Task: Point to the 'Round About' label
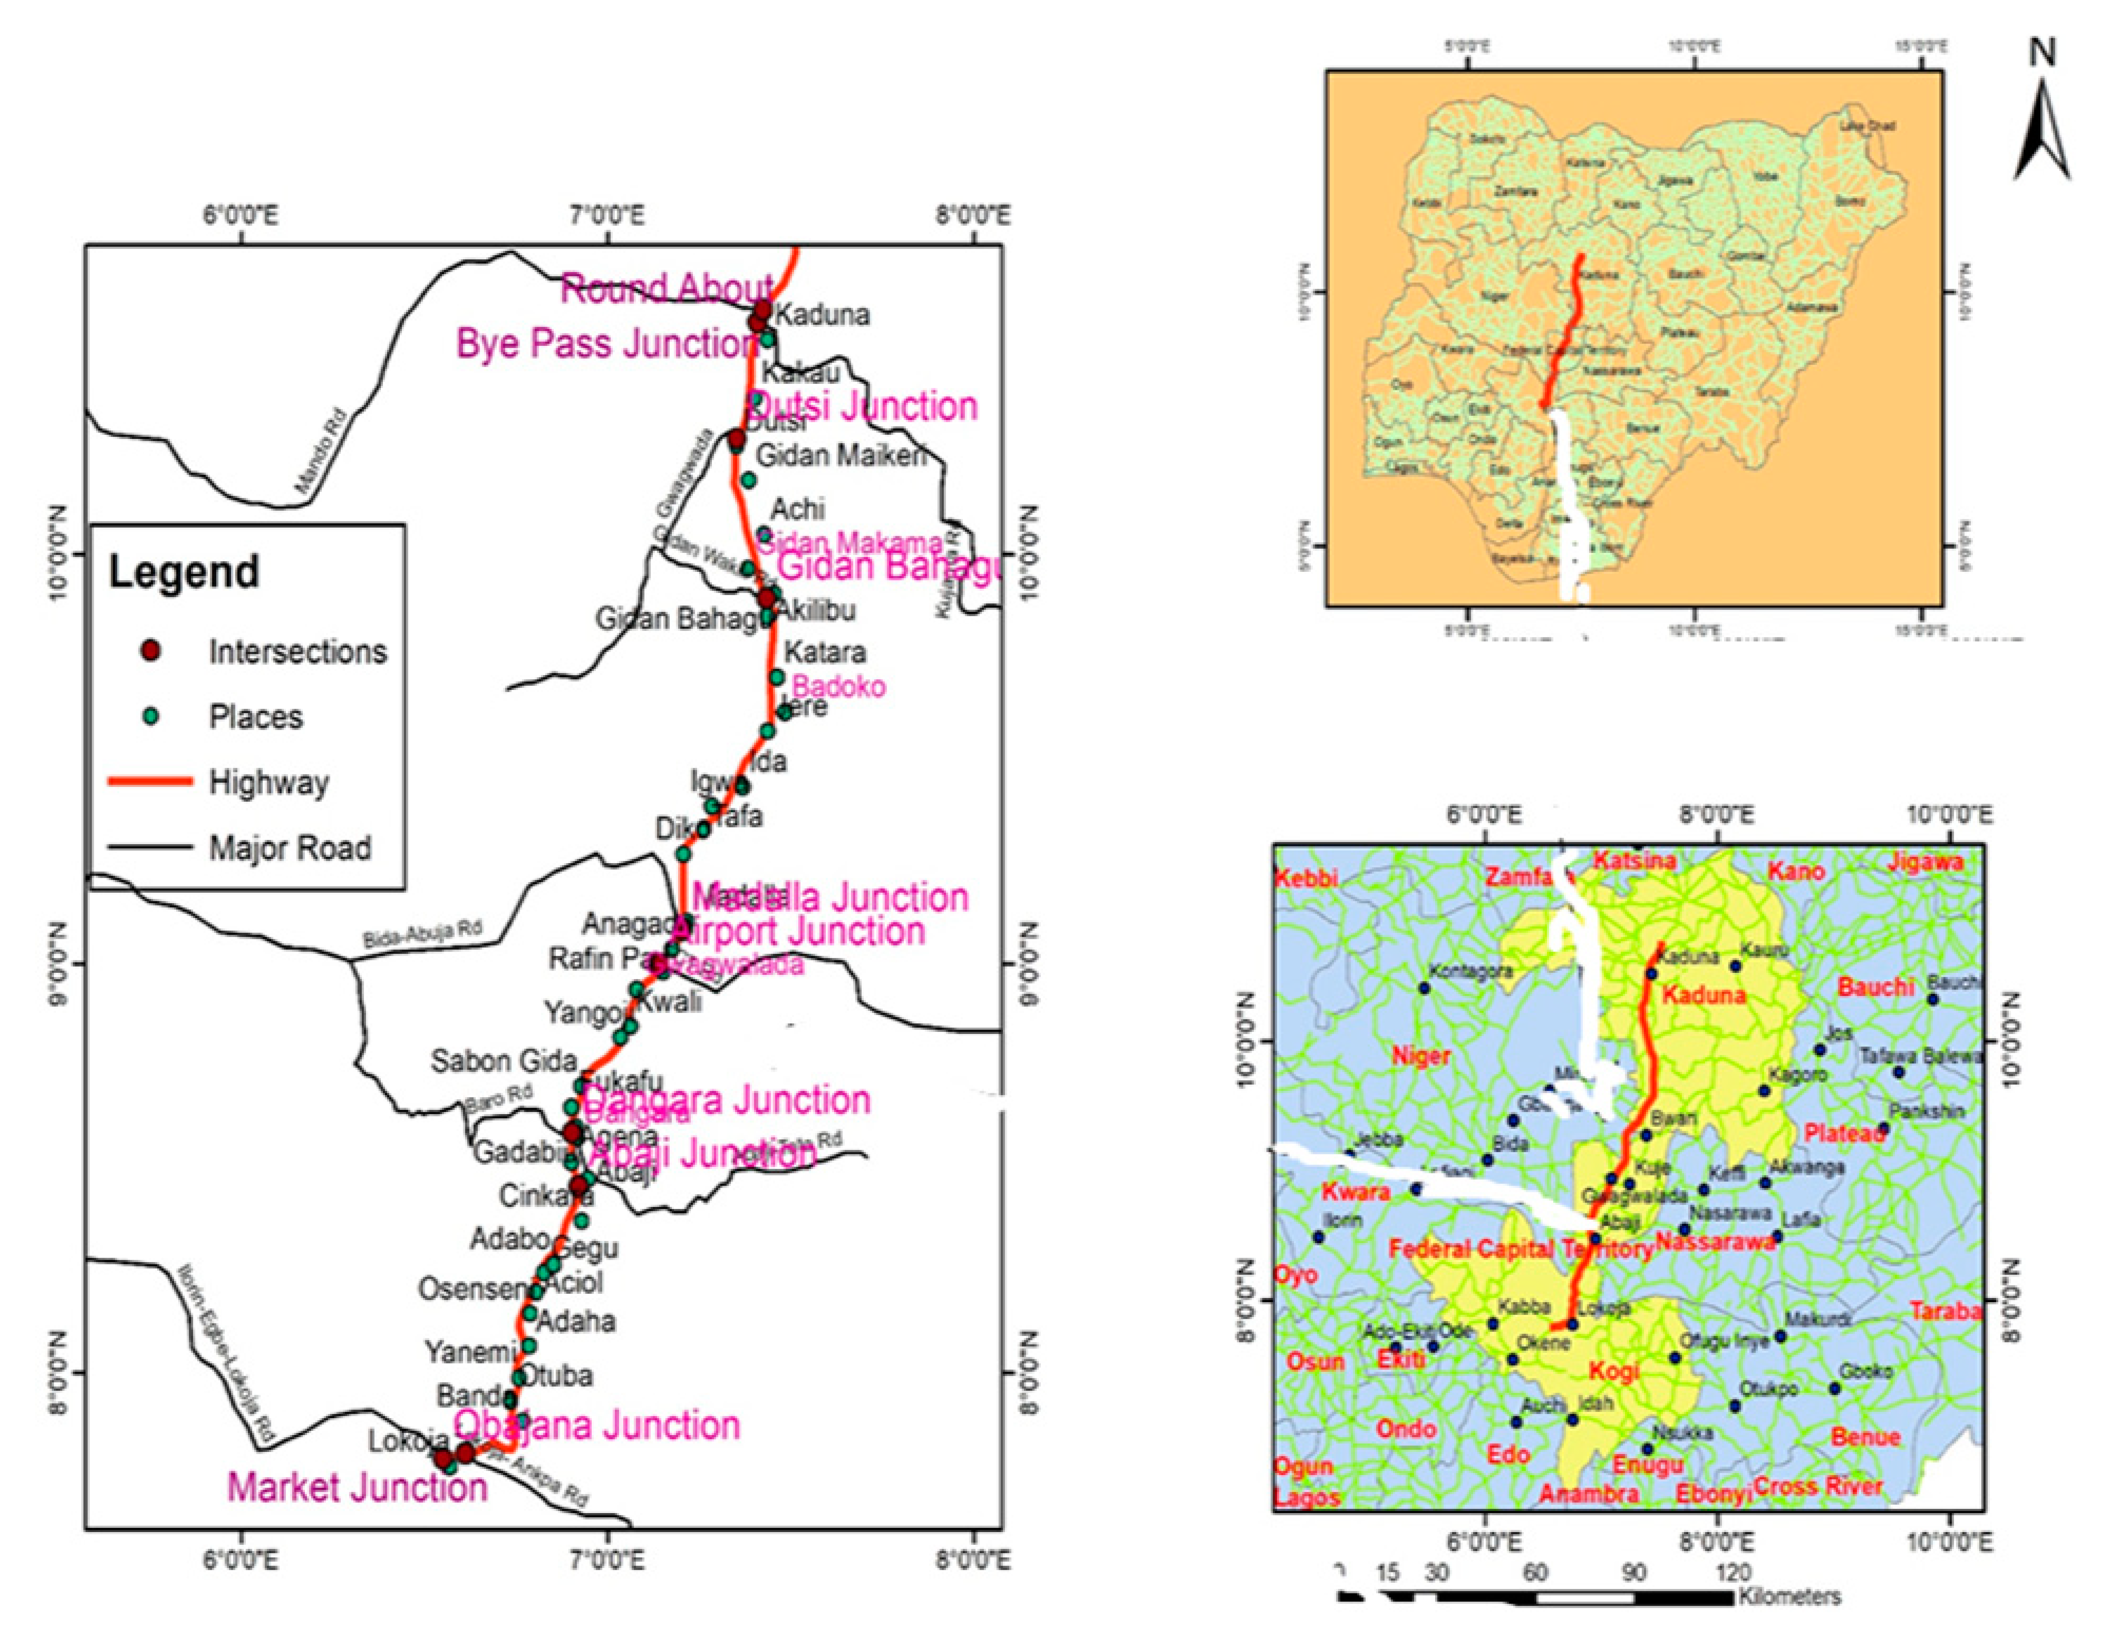(667, 288)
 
